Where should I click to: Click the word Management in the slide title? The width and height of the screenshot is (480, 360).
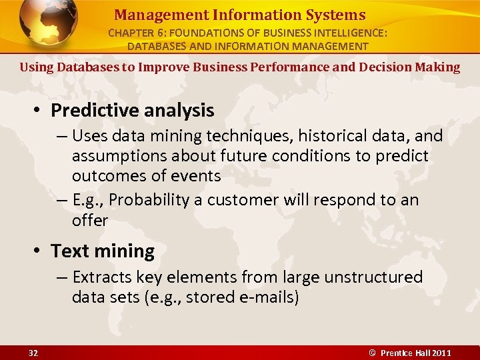pos(152,15)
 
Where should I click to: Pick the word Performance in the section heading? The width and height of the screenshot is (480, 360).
pos(294,67)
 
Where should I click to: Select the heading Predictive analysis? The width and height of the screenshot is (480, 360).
pos(132,110)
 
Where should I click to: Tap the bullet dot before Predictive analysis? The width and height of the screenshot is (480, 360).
pos(39,111)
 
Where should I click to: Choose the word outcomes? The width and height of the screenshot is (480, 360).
pos(107,175)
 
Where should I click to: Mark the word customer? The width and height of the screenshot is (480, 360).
pos(243,200)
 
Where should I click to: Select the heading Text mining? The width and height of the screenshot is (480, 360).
pos(103,251)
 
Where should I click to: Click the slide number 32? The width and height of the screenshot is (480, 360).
pos(33,353)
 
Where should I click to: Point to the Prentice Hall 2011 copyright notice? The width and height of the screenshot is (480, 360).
pos(411,353)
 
